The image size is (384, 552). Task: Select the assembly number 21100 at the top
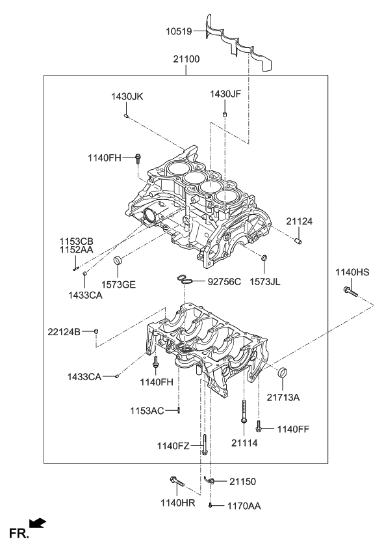pos(186,59)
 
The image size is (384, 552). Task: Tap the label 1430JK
pos(127,96)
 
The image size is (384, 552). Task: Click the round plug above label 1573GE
pos(118,261)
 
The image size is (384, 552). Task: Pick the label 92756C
pos(224,282)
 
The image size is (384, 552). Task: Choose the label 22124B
pos(64,332)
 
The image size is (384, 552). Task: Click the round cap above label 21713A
pos(282,373)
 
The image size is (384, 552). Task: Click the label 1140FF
pos(293,429)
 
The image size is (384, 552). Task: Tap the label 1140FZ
pos(173,446)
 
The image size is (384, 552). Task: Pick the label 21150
pos(242,482)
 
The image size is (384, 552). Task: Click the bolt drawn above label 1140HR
pos(176,482)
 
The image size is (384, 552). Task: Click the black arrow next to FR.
pos(39,522)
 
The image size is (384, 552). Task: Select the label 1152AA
pos(77,249)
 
